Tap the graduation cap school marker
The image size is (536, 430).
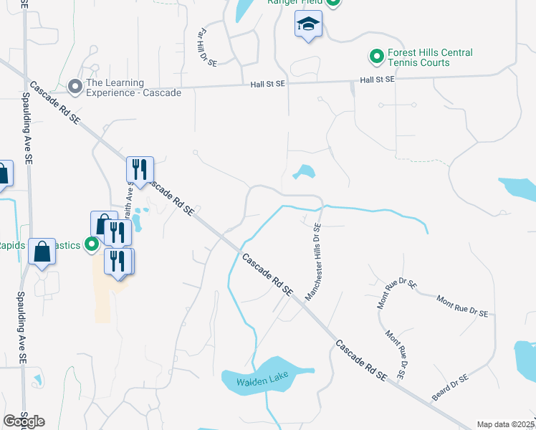click(308, 26)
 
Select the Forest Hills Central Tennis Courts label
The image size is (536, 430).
click(430, 57)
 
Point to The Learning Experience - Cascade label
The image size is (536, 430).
click(133, 87)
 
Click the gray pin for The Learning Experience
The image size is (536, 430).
click(75, 87)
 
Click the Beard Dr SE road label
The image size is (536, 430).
click(450, 388)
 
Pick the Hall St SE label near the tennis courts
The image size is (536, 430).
click(377, 80)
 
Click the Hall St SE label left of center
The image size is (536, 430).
click(267, 84)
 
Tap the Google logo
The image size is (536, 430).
click(24, 421)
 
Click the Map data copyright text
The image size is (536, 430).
click(506, 424)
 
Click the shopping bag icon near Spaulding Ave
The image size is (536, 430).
click(42, 252)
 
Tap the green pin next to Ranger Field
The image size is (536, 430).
click(332, 2)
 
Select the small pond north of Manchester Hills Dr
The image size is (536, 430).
click(305, 173)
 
